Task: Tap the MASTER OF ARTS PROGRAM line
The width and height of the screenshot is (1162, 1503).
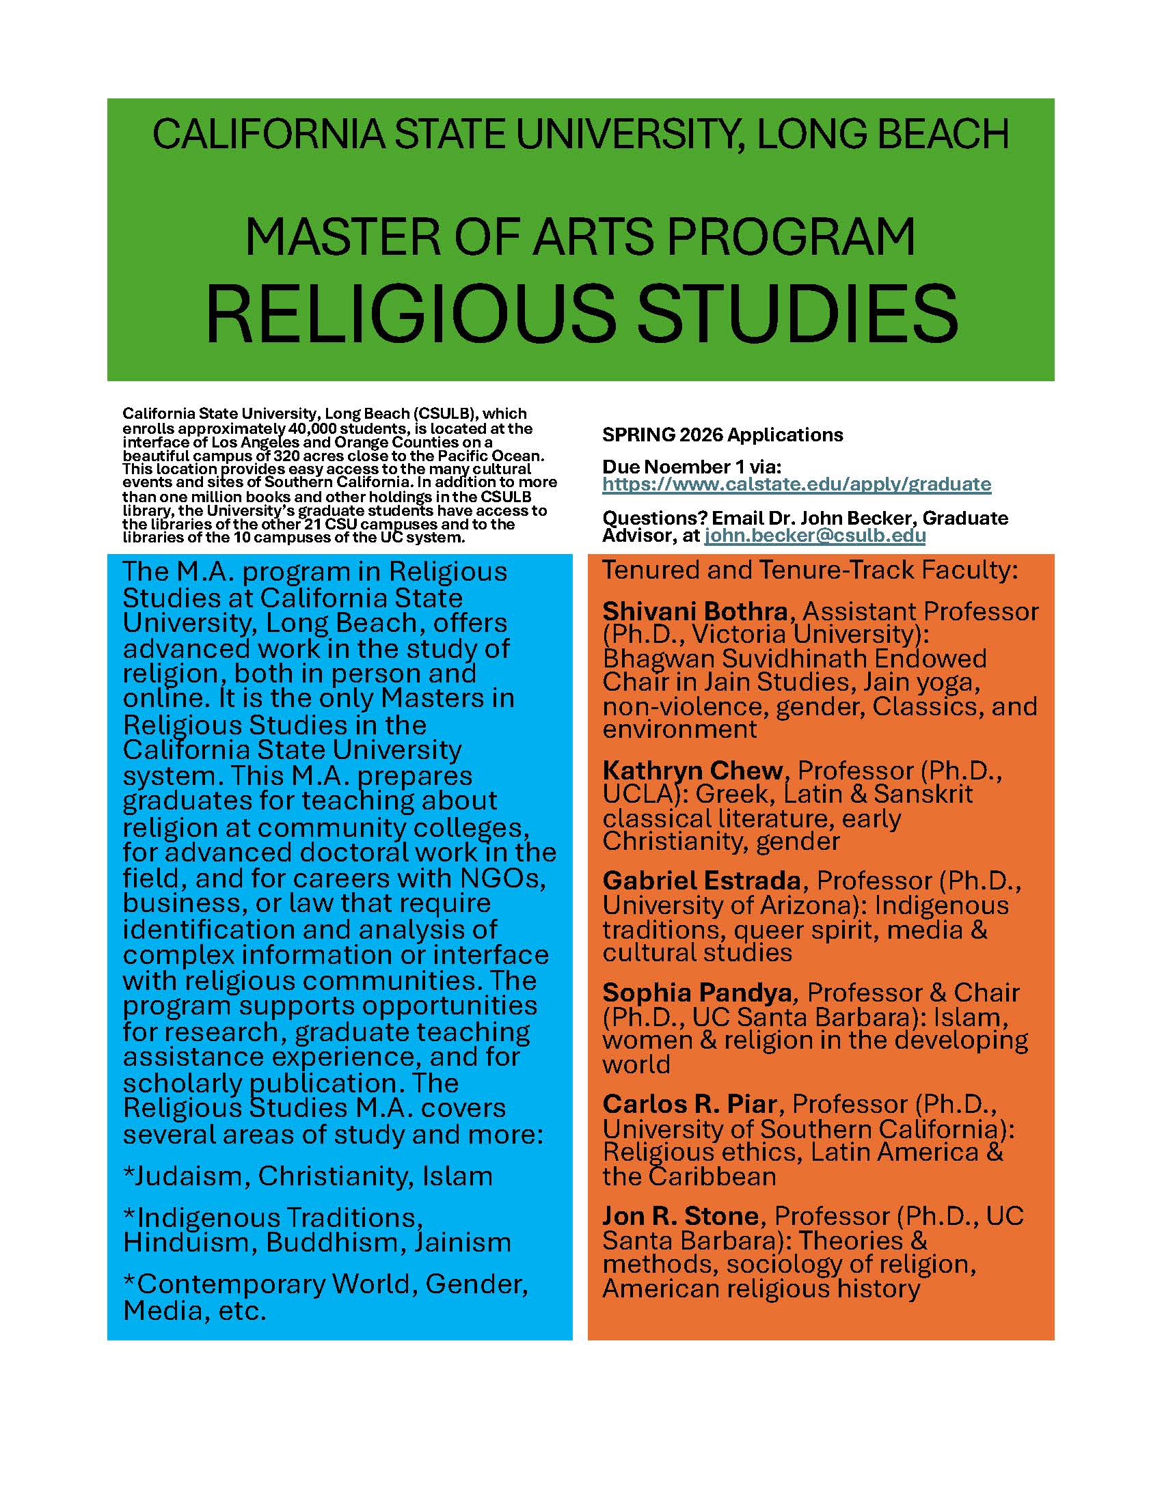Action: (x=581, y=237)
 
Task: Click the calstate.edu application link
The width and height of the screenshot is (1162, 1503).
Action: (x=796, y=484)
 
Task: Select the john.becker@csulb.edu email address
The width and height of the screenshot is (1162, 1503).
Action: (x=815, y=536)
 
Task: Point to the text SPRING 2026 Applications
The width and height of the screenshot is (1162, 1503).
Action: (x=722, y=435)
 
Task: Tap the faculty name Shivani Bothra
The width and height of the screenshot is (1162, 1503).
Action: (x=694, y=611)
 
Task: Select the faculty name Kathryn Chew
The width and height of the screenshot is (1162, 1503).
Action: (x=692, y=770)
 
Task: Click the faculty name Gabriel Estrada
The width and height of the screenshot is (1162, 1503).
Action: (x=701, y=881)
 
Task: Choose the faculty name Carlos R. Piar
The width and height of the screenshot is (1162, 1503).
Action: (x=690, y=1104)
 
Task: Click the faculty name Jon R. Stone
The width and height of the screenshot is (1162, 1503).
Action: (x=680, y=1215)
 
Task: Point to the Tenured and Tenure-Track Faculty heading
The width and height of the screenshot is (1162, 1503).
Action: (x=810, y=570)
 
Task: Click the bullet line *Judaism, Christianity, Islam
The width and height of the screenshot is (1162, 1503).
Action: (x=308, y=1176)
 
